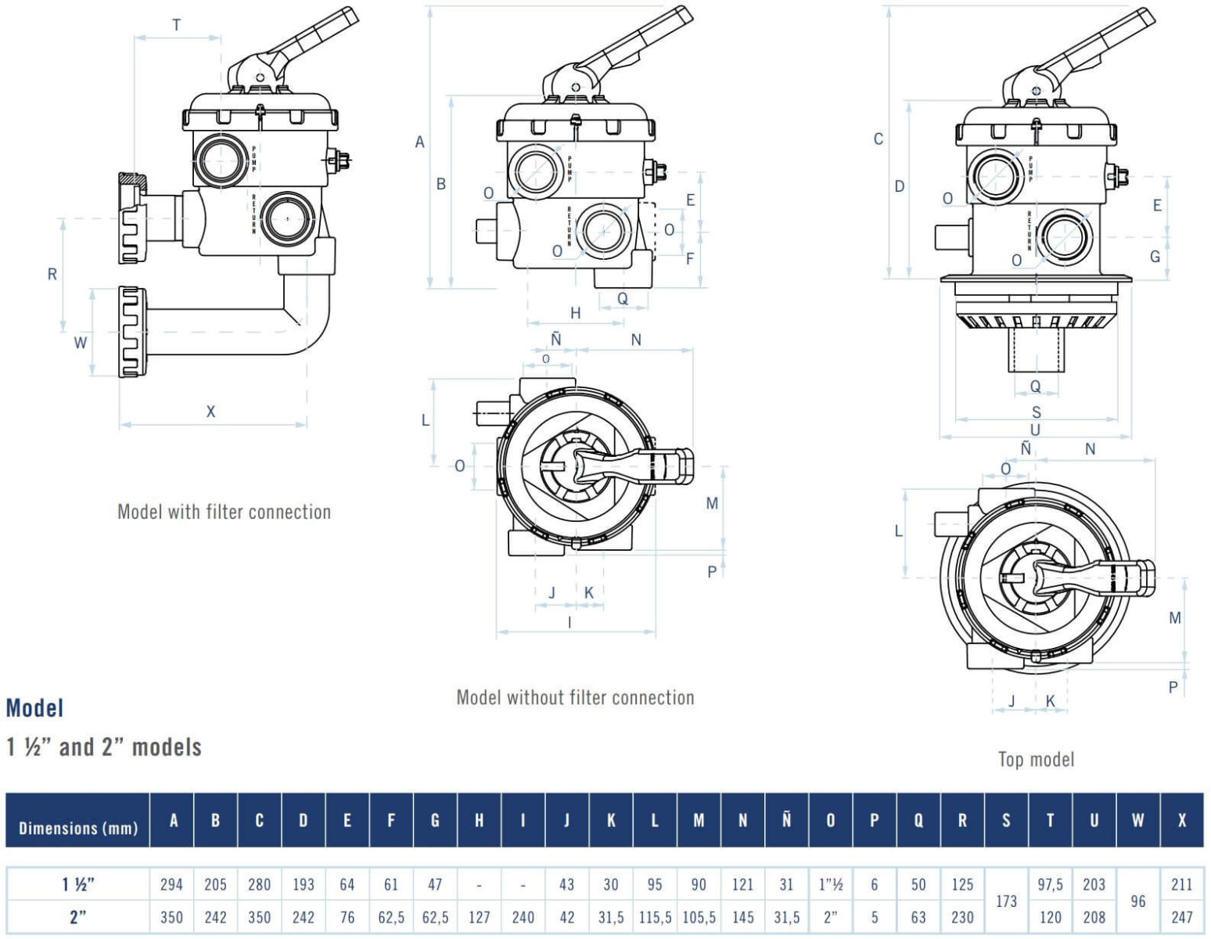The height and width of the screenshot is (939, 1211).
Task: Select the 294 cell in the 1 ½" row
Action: (x=171, y=884)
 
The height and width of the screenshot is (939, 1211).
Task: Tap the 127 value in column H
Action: (x=479, y=917)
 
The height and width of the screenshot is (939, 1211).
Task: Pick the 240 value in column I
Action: (x=523, y=917)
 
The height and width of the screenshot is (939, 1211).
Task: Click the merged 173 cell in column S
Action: (x=1006, y=901)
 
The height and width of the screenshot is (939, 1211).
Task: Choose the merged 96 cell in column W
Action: (x=1137, y=901)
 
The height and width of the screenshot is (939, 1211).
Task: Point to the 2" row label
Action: (x=78, y=917)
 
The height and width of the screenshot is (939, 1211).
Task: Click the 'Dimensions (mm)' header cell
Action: (x=78, y=828)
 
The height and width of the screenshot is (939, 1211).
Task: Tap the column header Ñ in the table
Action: (x=786, y=819)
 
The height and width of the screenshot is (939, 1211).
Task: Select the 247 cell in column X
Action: (x=1181, y=917)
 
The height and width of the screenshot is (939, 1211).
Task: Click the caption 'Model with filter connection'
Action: (x=224, y=512)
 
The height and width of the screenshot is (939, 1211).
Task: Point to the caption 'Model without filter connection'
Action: (x=575, y=697)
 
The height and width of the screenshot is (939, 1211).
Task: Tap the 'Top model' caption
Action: (x=1036, y=759)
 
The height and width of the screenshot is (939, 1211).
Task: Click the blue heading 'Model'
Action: (x=34, y=708)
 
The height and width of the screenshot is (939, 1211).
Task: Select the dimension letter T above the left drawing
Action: (x=176, y=25)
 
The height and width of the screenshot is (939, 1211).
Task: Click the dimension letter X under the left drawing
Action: (x=210, y=412)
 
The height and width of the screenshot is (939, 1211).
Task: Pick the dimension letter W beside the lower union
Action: (x=80, y=343)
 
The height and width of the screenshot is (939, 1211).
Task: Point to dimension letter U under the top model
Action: (x=1035, y=430)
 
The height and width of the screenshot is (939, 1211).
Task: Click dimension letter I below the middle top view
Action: (x=570, y=622)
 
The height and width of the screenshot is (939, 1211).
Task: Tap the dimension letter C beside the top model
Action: (x=878, y=139)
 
